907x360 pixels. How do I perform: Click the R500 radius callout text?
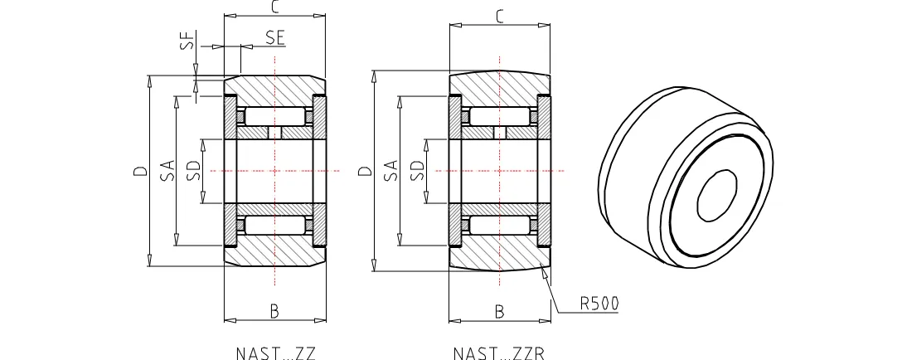point(599,304)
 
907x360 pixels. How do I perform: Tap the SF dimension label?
point(187,41)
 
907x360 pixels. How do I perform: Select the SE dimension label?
point(275,37)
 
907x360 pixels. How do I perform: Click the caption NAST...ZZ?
point(276,353)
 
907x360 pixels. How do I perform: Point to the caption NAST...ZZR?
point(498,353)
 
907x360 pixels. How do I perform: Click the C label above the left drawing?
point(274,7)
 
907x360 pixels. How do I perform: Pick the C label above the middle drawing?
point(500,17)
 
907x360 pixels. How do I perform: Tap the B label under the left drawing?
point(274,311)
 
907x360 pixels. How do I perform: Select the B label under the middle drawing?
point(499,311)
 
